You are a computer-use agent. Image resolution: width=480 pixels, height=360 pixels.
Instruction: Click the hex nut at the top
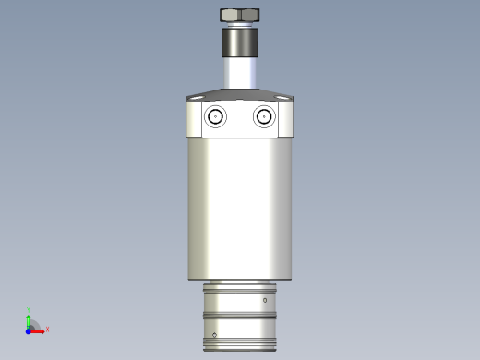click(x=240, y=16)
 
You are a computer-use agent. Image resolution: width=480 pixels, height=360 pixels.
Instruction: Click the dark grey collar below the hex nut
click(x=240, y=42)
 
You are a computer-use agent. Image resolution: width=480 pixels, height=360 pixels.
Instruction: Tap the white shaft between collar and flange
click(x=240, y=73)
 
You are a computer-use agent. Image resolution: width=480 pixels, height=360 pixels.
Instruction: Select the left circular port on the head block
click(x=216, y=117)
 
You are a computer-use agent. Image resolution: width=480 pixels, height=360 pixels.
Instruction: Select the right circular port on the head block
click(x=264, y=117)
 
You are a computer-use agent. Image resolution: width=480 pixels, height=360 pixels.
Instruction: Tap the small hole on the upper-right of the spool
click(x=266, y=301)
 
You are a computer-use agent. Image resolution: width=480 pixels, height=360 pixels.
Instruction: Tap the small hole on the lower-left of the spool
click(x=215, y=334)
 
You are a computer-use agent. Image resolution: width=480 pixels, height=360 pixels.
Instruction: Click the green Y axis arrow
click(x=29, y=318)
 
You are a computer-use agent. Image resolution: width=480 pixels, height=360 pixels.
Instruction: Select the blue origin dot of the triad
click(x=28, y=330)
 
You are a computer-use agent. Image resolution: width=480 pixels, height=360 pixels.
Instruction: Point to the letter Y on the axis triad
click(x=29, y=310)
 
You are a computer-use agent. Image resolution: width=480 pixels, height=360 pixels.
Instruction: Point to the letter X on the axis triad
click(x=47, y=329)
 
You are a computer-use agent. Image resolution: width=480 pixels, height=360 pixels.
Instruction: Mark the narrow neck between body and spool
click(x=240, y=282)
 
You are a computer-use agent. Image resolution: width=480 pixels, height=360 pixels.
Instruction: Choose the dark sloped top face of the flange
click(x=240, y=93)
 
